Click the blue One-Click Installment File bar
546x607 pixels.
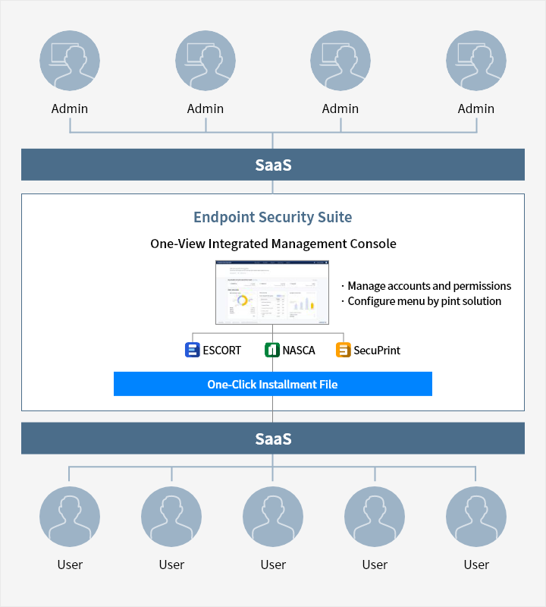pyautogui.click(x=272, y=384)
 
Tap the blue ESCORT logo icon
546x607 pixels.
pyautogui.click(x=192, y=350)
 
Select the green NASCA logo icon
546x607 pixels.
pyautogui.click(x=272, y=350)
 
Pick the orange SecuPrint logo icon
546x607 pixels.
pyautogui.click(x=343, y=350)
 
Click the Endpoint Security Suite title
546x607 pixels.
pyautogui.click(x=272, y=217)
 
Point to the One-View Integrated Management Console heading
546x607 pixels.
pyautogui.click(x=273, y=244)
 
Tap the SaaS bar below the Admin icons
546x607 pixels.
pyautogui.click(x=273, y=165)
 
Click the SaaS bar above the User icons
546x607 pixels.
pyautogui.click(x=273, y=439)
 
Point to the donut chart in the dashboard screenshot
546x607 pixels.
pyautogui.click(x=243, y=300)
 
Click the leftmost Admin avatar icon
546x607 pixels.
pyautogui.click(x=70, y=61)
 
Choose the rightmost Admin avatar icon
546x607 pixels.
pyautogui.click(x=476, y=61)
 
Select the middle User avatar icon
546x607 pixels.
pyautogui.click(x=273, y=517)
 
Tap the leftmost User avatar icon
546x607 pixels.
pyautogui.click(x=70, y=517)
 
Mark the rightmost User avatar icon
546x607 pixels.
pyautogui.click(x=476, y=517)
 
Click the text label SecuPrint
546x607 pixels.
pyautogui.click(x=377, y=351)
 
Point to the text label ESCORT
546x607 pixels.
pyautogui.click(x=221, y=351)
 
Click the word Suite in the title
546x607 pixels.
pyautogui.click(x=334, y=217)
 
